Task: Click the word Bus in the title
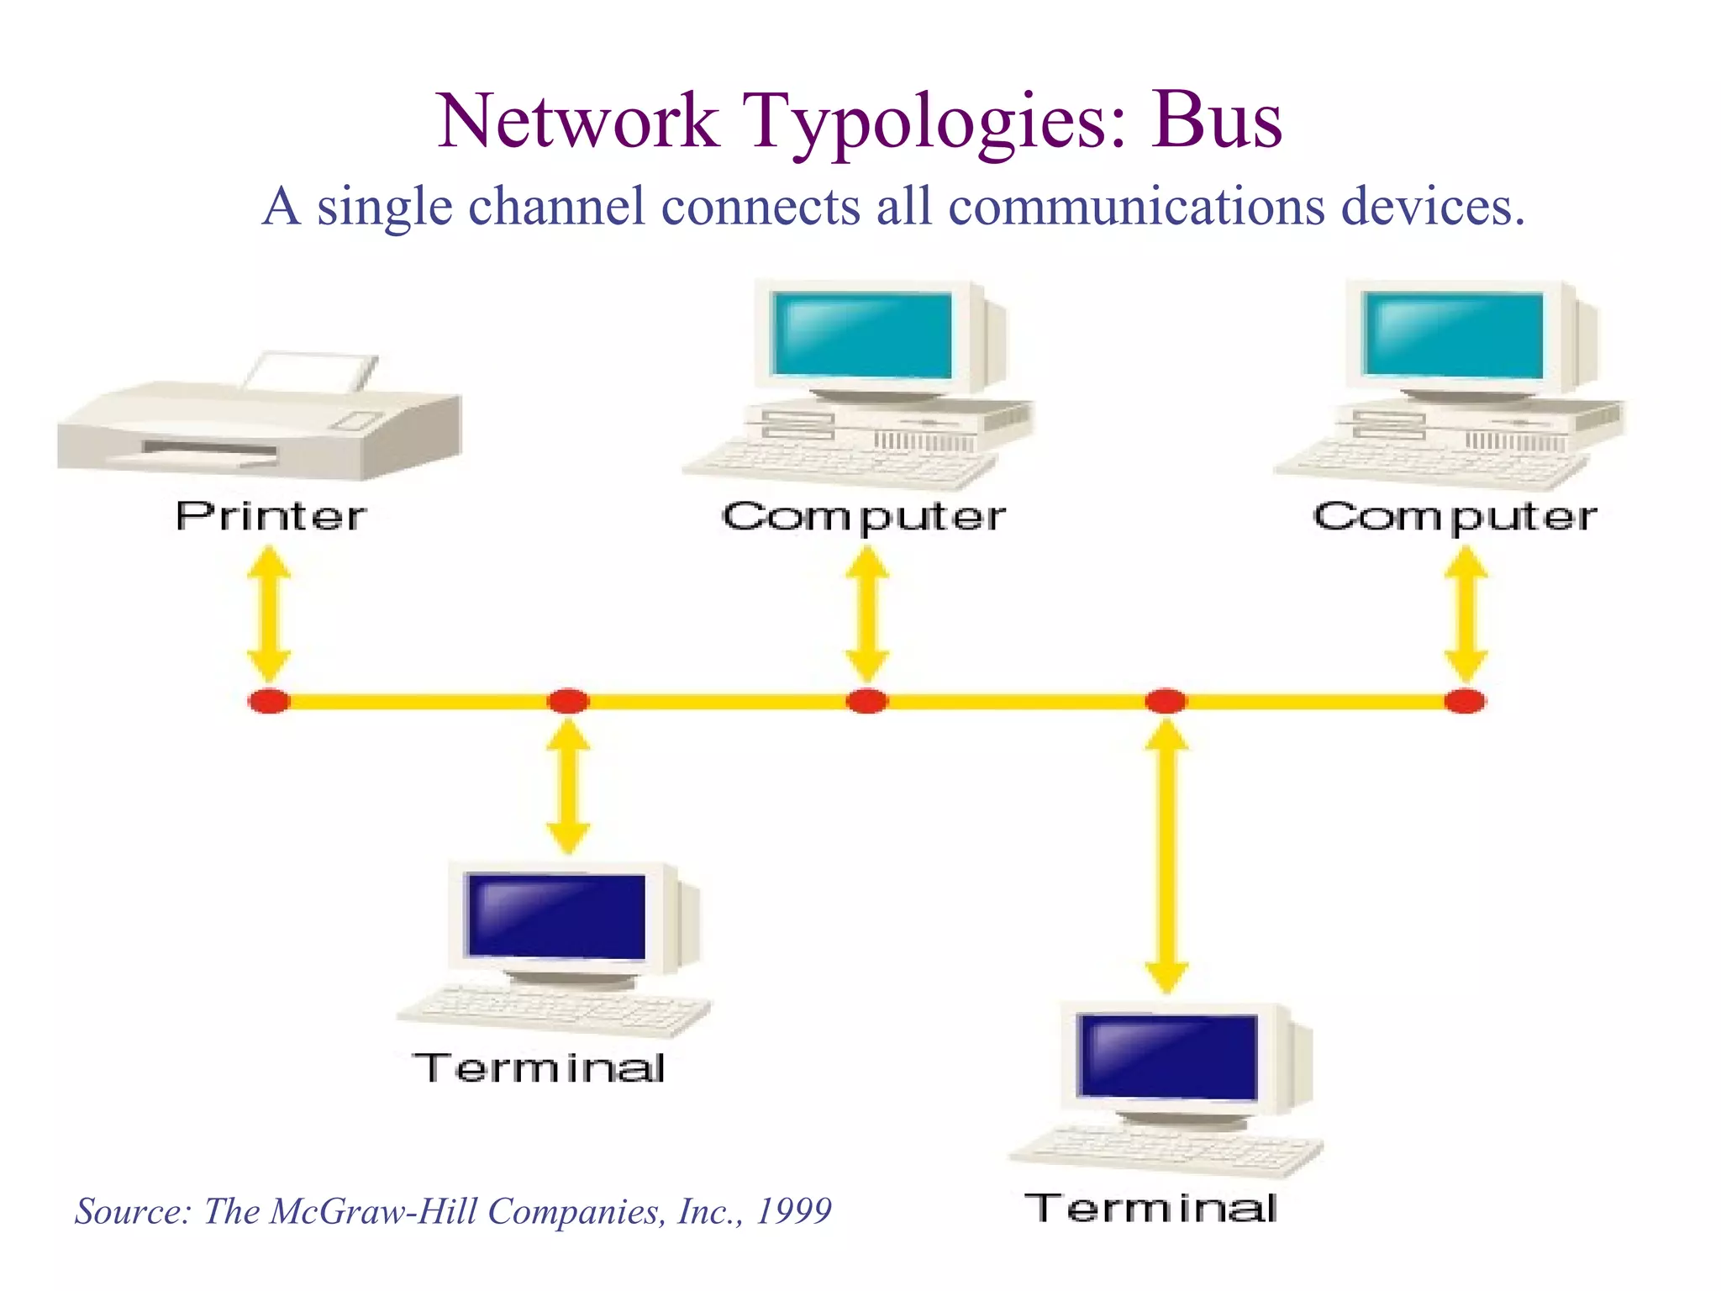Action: pyautogui.click(x=1216, y=122)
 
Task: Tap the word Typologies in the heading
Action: pyautogui.click(x=934, y=124)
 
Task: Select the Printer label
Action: pyautogui.click(x=271, y=516)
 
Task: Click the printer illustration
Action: pyautogui.click(x=259, y=420)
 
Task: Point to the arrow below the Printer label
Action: pyautogui.click(x=269, y=614)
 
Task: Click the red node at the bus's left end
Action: pyautogui.click(x=269, y=701)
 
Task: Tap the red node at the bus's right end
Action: pyautogui.click(x=1465, y=701)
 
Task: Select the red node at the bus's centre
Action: pyautogui.click(x=866, y=701)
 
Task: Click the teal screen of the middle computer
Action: pyautogui.click(x=862, y=335)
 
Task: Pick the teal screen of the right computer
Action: pyautogui.click(x=1454, y=335)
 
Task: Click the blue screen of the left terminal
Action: pyautogui.click(x=556, y=916)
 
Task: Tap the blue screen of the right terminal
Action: pyautogui.click(x=1168, y=1057)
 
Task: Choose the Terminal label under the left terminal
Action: pyautogui.click(x=539, y=1069)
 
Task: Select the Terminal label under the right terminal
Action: pyautogui.click(x=1151, y=1209)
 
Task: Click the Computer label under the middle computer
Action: pyautogui.click(x=863, y=517)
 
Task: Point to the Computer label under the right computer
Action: pyautogui.click(x=1455, y=517)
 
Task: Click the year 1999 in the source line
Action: pyautogui.click(x=794, y=1211)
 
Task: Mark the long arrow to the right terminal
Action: pyautogui.click(x=1166, y=857)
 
